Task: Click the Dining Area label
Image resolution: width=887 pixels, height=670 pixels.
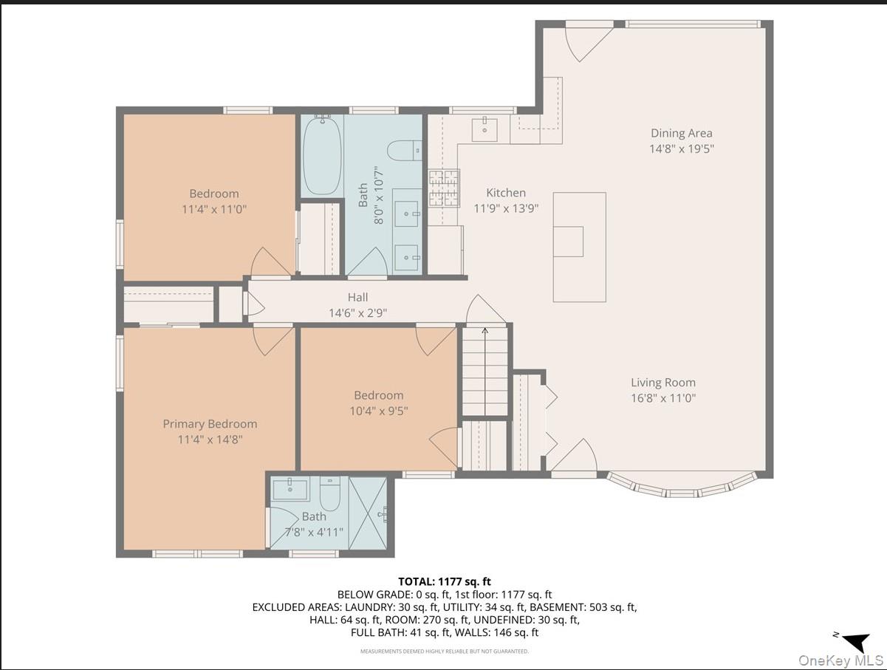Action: pyautogui.click(x=681, y=133)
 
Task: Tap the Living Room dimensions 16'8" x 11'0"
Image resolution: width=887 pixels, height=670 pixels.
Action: pyautogui.click(x=663, y=398)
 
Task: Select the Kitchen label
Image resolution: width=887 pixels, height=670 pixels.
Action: pyautogui.click(x=506, y=193)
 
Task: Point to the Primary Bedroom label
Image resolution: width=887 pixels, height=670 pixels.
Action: pyautogui.click(x=210, y=424)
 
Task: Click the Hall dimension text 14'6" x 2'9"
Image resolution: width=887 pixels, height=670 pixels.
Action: pyautogui.click(x=357, y=312)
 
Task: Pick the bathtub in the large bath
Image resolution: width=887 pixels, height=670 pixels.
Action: pyautogui.click(x=322, y=156)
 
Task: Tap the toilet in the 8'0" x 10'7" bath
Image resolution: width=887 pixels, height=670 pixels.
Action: pyautogui.click(x=403, y=151)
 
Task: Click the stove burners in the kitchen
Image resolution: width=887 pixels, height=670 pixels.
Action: pyautogui.click(x=443, y=188)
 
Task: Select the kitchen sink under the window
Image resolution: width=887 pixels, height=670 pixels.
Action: pyautogui.click(x=484, y=129)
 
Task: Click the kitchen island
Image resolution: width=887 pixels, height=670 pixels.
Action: pyautogui.click(x=579, y=247)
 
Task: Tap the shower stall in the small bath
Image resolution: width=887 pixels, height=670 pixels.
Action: pyautogui.click(x=367, y=513)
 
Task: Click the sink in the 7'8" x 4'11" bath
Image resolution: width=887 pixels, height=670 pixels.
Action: pyautogui.click(x=290, y=488)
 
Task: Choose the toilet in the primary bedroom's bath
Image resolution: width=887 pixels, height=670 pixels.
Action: pyautogui.click(x=330, y=494)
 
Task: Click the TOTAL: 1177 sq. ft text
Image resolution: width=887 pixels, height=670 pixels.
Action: pyautogui.click(x=444, y=582)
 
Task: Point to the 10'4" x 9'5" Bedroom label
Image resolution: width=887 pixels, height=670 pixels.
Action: pyautogui.click(x=378, y=395)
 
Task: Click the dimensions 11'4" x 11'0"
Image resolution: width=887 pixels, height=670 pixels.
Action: pyautogui.click(x=213, y=209)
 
